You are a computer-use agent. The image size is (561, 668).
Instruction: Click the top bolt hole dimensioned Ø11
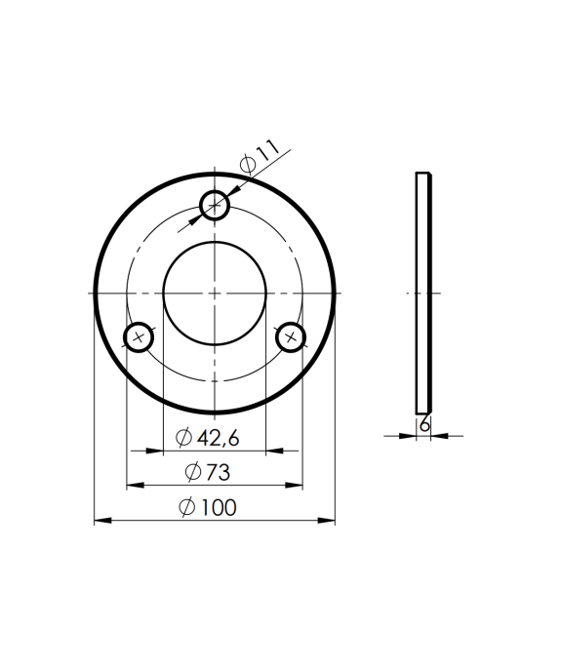tap(215, 206)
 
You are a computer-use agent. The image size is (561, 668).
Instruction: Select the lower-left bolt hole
tap(139, 337)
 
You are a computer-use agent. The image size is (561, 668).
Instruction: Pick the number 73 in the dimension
tap(217, 472)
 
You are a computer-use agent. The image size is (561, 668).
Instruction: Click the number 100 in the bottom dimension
tap(220, 507)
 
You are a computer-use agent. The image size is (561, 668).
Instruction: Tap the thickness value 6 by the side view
tap(424, 425)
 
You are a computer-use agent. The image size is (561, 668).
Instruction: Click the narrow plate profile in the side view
tap(423, 293)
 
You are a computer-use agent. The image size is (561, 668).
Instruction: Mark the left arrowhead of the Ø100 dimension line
tap(100, 522)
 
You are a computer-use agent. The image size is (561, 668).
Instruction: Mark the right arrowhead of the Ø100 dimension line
tap(329, 522)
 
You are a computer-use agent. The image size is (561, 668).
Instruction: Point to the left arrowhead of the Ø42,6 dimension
tap(152, 452)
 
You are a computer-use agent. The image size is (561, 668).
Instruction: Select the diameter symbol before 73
tap(192, 472)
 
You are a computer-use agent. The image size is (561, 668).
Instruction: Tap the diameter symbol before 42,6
tap(183, 438)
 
